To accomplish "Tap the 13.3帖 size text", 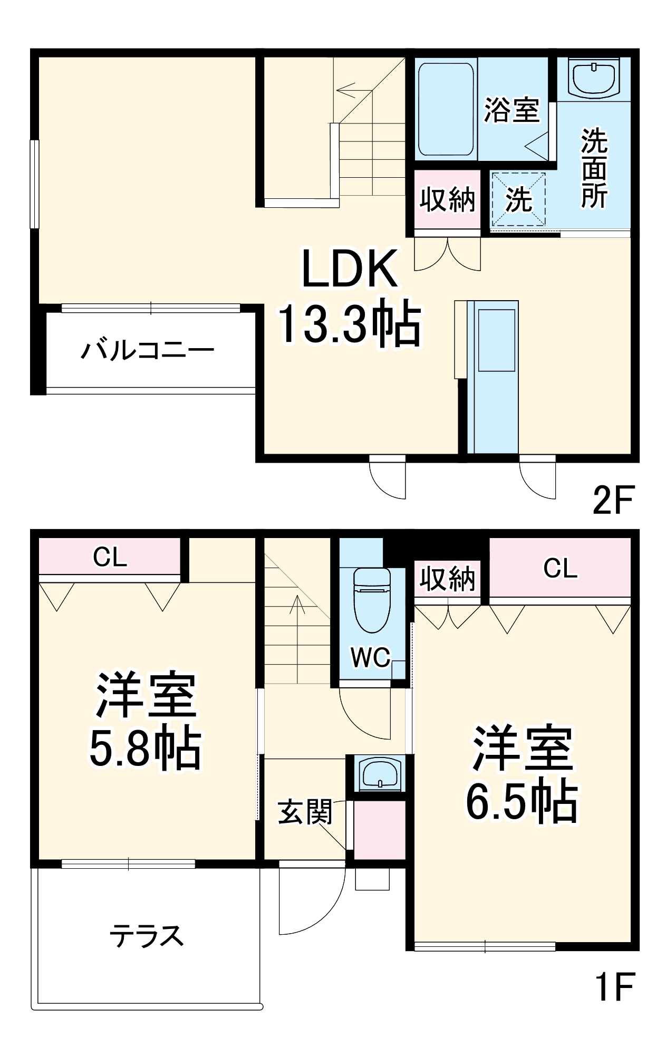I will click(349, 324).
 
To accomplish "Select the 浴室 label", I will click(511, 110).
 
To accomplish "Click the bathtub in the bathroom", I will click(446, 109).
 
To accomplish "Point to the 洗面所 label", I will click(594, 168).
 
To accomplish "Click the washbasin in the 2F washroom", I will click(594, 79).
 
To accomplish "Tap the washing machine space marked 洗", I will click(518, 199).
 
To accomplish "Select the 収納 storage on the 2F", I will click(447, 199).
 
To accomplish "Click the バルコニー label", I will click(148, 350).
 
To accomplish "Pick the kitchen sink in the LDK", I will click(496, 340).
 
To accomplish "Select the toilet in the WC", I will click(372, 599).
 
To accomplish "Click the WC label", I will click(371, 657).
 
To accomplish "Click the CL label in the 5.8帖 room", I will click(110, 557).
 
